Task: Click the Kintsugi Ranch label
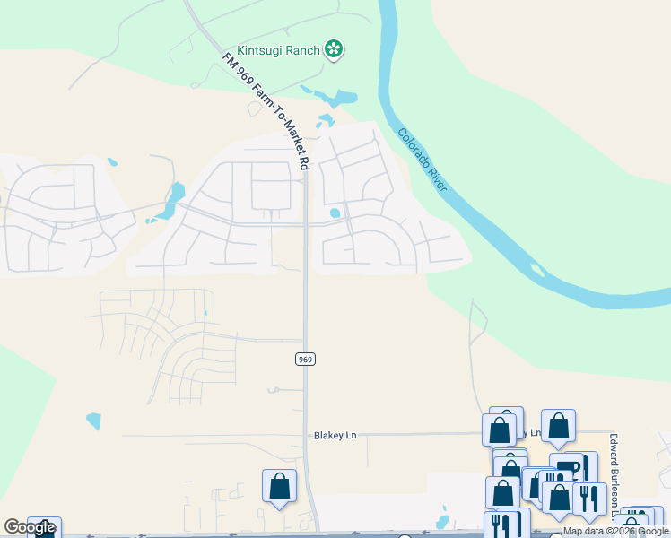tap(278, 50)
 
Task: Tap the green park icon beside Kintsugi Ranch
tap(334, 49)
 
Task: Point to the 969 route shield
tap(305, 359)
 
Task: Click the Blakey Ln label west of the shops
tap(335, 436)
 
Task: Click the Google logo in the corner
tap(30, 527)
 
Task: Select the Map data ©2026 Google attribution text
tap(615, 532)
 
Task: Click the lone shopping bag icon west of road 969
tap(279, 486)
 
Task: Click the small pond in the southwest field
tap(93, 421)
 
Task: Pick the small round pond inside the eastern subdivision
tap(335, 213)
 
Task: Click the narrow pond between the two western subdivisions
tap(170, 202)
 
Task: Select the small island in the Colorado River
tap(536, 270)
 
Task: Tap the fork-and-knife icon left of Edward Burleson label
tap(589, 498)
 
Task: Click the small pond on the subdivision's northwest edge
tap(112, 162)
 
